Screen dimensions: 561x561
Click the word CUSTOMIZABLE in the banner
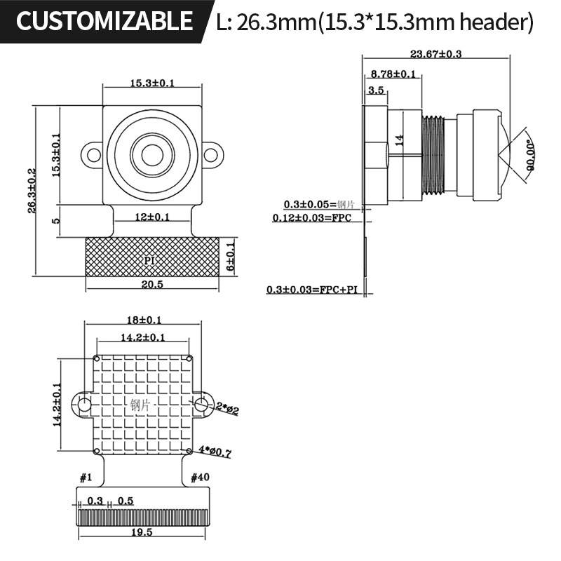104,22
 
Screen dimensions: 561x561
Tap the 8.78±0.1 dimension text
393,74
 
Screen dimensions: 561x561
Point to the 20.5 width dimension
151,284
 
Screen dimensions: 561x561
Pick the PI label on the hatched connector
149,260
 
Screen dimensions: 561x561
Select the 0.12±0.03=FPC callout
316,218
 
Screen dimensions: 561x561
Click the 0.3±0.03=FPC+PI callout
316,290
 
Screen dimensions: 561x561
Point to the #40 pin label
200,478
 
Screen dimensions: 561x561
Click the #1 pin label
86,478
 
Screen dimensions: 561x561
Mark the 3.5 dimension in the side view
376,90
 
